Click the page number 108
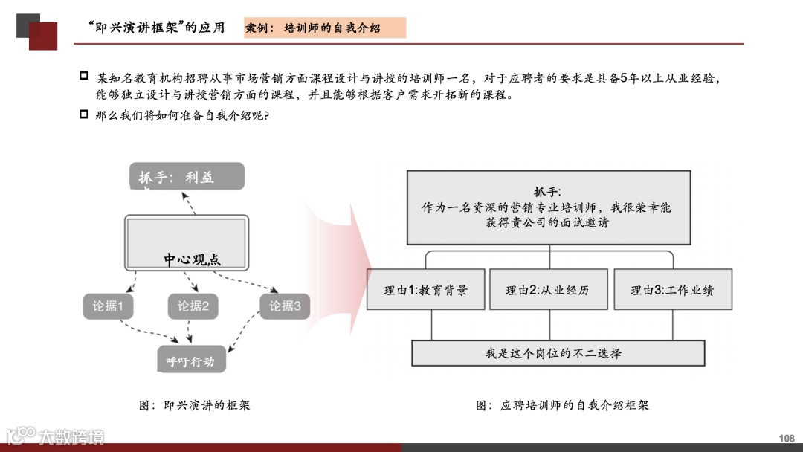(786, 438)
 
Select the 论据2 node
(193, 306)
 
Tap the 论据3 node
(285, 306)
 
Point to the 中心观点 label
(193, 259)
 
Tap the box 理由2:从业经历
(547, 290)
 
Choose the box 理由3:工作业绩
(672, 290)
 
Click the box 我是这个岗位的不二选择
(558, 353)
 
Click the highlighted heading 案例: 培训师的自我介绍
(325, 28)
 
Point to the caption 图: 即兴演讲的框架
(195, 405)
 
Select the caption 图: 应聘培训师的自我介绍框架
(562, 405)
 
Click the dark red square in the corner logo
(44, 36)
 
